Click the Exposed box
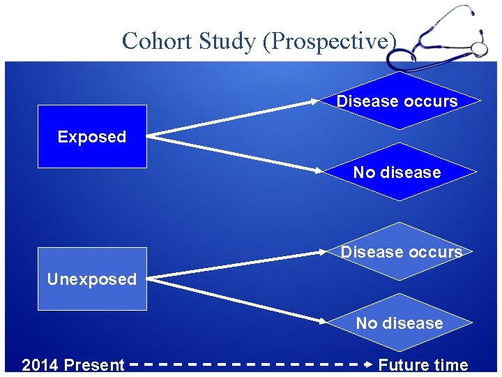click(x=91, y=137)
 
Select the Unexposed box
click(x=91, y=279)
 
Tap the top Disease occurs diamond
click(x=397, y=101)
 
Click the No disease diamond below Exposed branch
click(x=397, y=172)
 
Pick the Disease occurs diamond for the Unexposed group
click(x=400, y=252)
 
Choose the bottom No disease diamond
click(x=399, y=323)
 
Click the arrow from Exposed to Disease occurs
click(x=234, y=118)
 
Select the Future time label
click(x=423, y=365)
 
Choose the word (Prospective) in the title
click(x=330, y=40)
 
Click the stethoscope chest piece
click(x=480, y=49)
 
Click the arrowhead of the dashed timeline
click(x=369, y=364)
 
